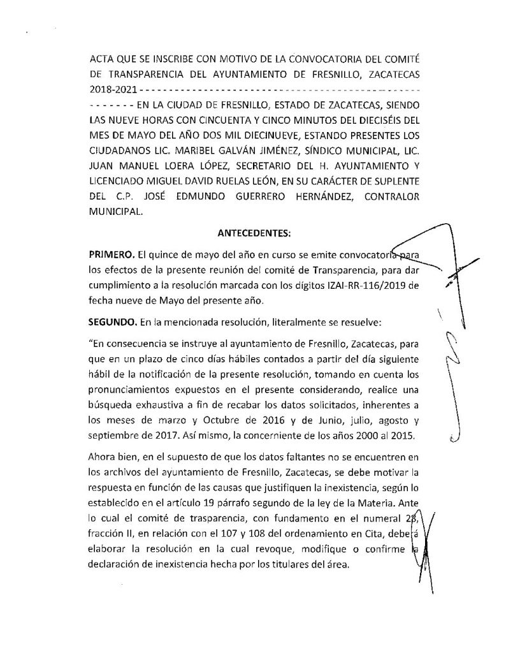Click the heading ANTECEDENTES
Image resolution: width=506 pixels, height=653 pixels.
[x=254, y=233]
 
